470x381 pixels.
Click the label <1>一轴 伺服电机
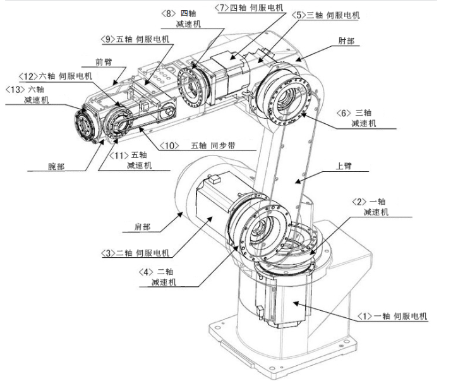coord(392,317)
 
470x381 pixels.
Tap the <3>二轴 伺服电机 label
coord(135,253)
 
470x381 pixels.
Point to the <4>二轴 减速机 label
coord(157,277)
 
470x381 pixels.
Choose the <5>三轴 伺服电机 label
coord(326,15)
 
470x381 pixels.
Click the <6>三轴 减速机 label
coord(356,118)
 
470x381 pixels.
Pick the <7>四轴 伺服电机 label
coord(249,8)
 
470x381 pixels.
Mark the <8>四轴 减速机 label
coord(181,19)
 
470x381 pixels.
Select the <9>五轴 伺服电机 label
coord(135,39)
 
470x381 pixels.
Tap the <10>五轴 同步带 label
coord(197,146)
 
